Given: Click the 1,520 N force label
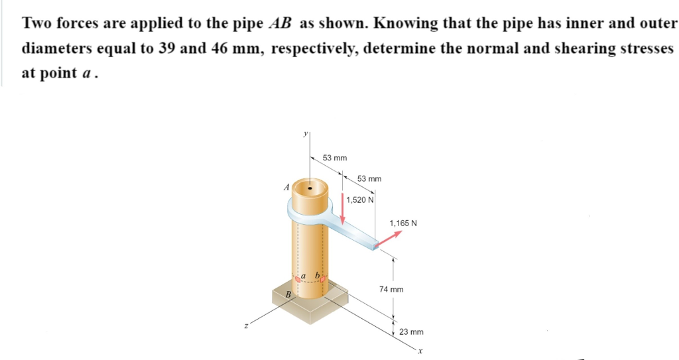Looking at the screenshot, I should [x=360, y=200].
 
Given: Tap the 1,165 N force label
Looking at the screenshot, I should [x=403, y=223].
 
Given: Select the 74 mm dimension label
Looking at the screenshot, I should [x=391, y=290].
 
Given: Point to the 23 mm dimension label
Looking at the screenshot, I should [x=411, y=331].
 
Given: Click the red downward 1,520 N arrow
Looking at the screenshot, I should [x=343, y=211].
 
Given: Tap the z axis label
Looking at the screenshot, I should [x=245, y=324].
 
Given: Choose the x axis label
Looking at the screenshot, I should [x=420, y=350].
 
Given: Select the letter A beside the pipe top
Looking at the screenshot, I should [x=286, y=188].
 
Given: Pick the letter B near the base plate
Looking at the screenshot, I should [x=288, y=294].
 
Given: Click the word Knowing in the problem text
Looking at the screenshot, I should [x=404, y=23].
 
